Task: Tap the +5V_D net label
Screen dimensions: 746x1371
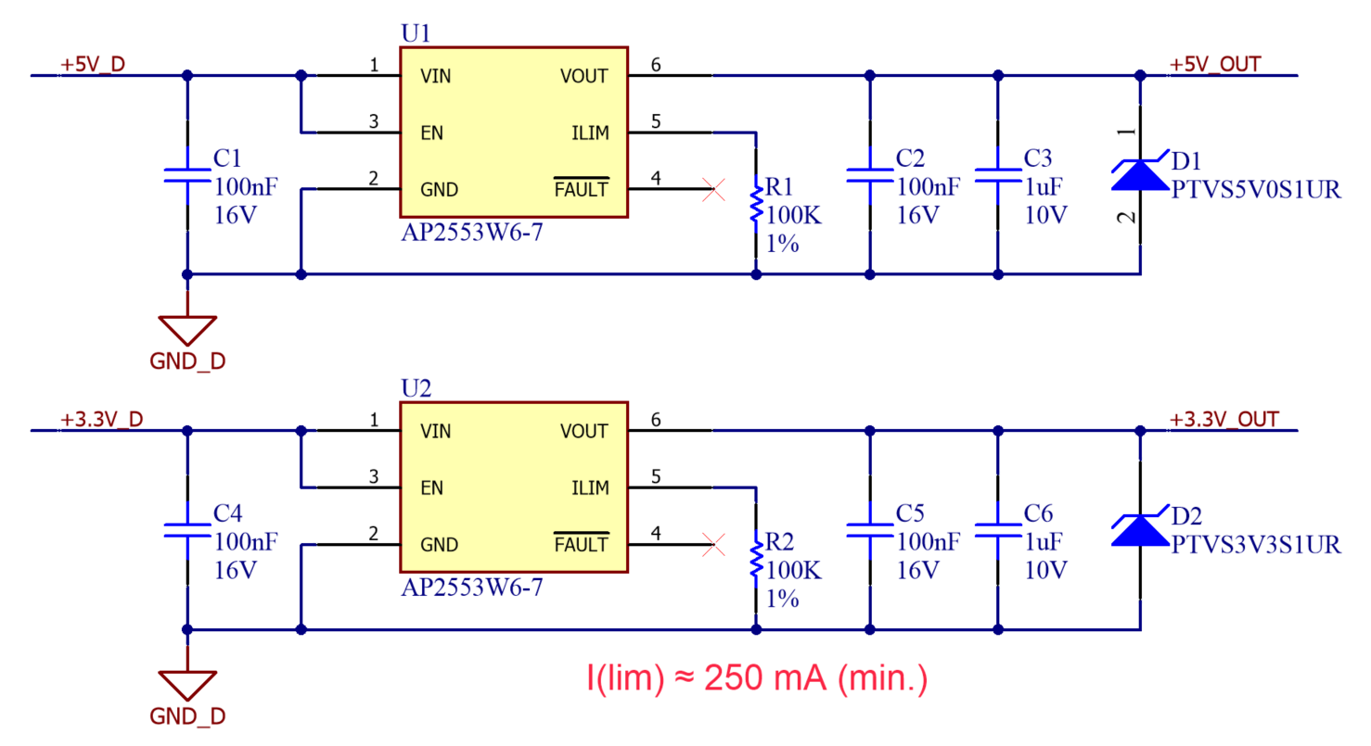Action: tap(93, 64)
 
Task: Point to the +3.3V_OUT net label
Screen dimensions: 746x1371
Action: tap(1225, 419)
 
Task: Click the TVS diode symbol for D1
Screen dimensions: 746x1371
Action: tap(1138, 174)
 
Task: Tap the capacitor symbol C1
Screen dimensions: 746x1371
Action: tap(187, 175)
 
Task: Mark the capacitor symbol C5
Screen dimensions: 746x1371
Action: tap(870, 530)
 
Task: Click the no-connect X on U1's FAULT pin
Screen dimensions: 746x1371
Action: tap(713, 191)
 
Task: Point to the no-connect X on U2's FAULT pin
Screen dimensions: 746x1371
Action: tap(713, 545)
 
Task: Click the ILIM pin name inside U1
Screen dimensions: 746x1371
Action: tap(590, 133)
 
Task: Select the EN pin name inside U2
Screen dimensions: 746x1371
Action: tap(432, 488)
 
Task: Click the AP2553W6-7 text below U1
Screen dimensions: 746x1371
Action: tap(470, 234)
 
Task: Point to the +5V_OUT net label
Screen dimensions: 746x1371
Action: tap(1216, 64)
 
